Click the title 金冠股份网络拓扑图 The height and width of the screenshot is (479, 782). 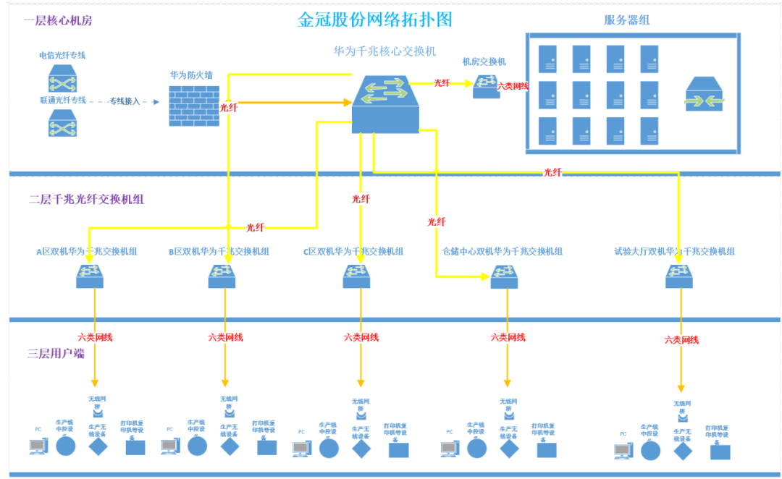click(374, 20)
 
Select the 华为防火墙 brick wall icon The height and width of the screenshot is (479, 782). click(194, 106)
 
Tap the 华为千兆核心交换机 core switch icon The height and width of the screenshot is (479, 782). click(385, 104)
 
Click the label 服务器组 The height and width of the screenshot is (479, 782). click(626, 20)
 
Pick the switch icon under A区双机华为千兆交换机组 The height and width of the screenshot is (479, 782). click(90, 276)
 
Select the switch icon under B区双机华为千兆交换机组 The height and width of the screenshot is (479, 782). click(222, 276)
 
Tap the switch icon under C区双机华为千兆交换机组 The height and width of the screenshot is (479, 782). click(357, 276)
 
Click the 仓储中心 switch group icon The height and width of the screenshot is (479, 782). click(504, 276)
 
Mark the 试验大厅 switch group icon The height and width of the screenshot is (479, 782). click(679, 276)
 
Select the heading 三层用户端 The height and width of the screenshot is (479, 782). click(56, 354)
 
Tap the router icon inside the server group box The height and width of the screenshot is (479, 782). click(704, 94)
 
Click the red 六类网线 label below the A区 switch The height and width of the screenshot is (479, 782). click(95, 337)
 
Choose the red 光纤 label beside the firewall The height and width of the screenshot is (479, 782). click(229, 107)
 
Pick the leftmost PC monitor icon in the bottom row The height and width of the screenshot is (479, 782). click(38, 446)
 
